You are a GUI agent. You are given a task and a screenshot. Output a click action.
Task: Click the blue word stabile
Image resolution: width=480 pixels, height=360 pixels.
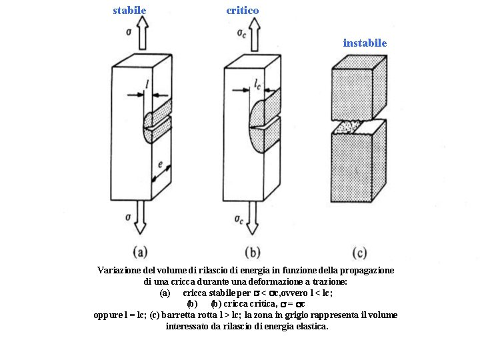(129, 11)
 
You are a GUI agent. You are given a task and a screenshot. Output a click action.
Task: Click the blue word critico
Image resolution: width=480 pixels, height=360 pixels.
(243, 11)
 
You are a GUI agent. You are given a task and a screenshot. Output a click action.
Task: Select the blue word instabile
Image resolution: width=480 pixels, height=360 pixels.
(365, 43)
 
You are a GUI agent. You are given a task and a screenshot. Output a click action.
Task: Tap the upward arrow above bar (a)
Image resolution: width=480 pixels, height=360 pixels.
(141, 33)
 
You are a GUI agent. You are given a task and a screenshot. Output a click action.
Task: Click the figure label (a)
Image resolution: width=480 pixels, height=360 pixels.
(140, 252)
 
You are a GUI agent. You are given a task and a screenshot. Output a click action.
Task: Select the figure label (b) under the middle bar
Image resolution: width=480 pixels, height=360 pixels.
(253, 252)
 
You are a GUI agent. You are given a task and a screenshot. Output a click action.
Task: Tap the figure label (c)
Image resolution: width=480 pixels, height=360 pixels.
(360, 252)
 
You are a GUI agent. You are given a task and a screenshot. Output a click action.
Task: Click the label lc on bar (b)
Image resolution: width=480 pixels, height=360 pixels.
(258, 85)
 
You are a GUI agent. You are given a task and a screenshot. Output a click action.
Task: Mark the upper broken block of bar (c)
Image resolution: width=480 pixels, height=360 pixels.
(359, 90)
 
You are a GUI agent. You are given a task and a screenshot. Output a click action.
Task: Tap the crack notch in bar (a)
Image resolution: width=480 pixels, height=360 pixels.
(155, 123)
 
